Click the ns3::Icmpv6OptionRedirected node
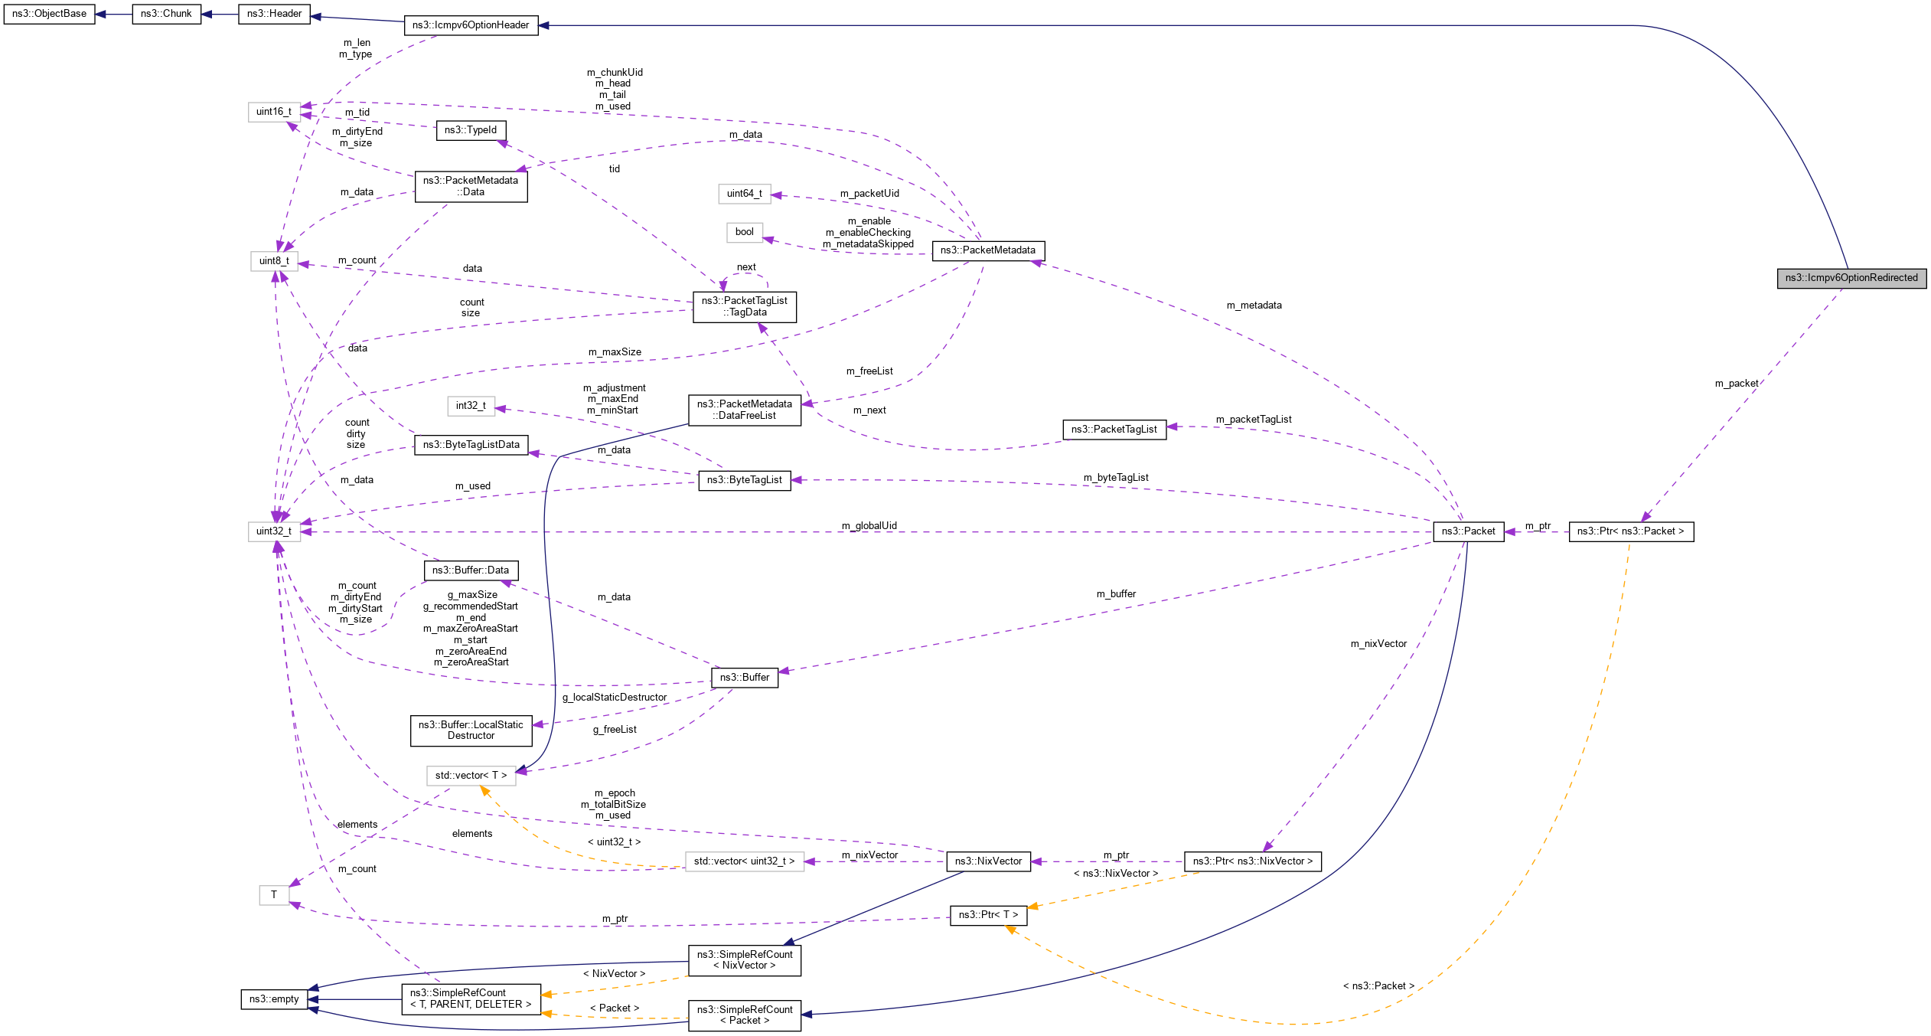1851,278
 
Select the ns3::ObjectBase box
49,14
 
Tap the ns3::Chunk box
166,14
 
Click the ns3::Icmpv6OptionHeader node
471,25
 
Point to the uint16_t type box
273,112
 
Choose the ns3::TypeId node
471,130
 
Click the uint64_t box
744,194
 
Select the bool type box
744,232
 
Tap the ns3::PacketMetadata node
987,250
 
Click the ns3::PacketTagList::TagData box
744,306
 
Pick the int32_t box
471,406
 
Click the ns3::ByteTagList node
744,480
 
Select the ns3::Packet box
1468,531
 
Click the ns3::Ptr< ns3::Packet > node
1630,531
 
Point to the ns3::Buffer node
744,678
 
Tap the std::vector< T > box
471,776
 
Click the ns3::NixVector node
987,861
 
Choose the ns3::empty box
274,999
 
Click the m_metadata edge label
1254,306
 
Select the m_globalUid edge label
869,526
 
